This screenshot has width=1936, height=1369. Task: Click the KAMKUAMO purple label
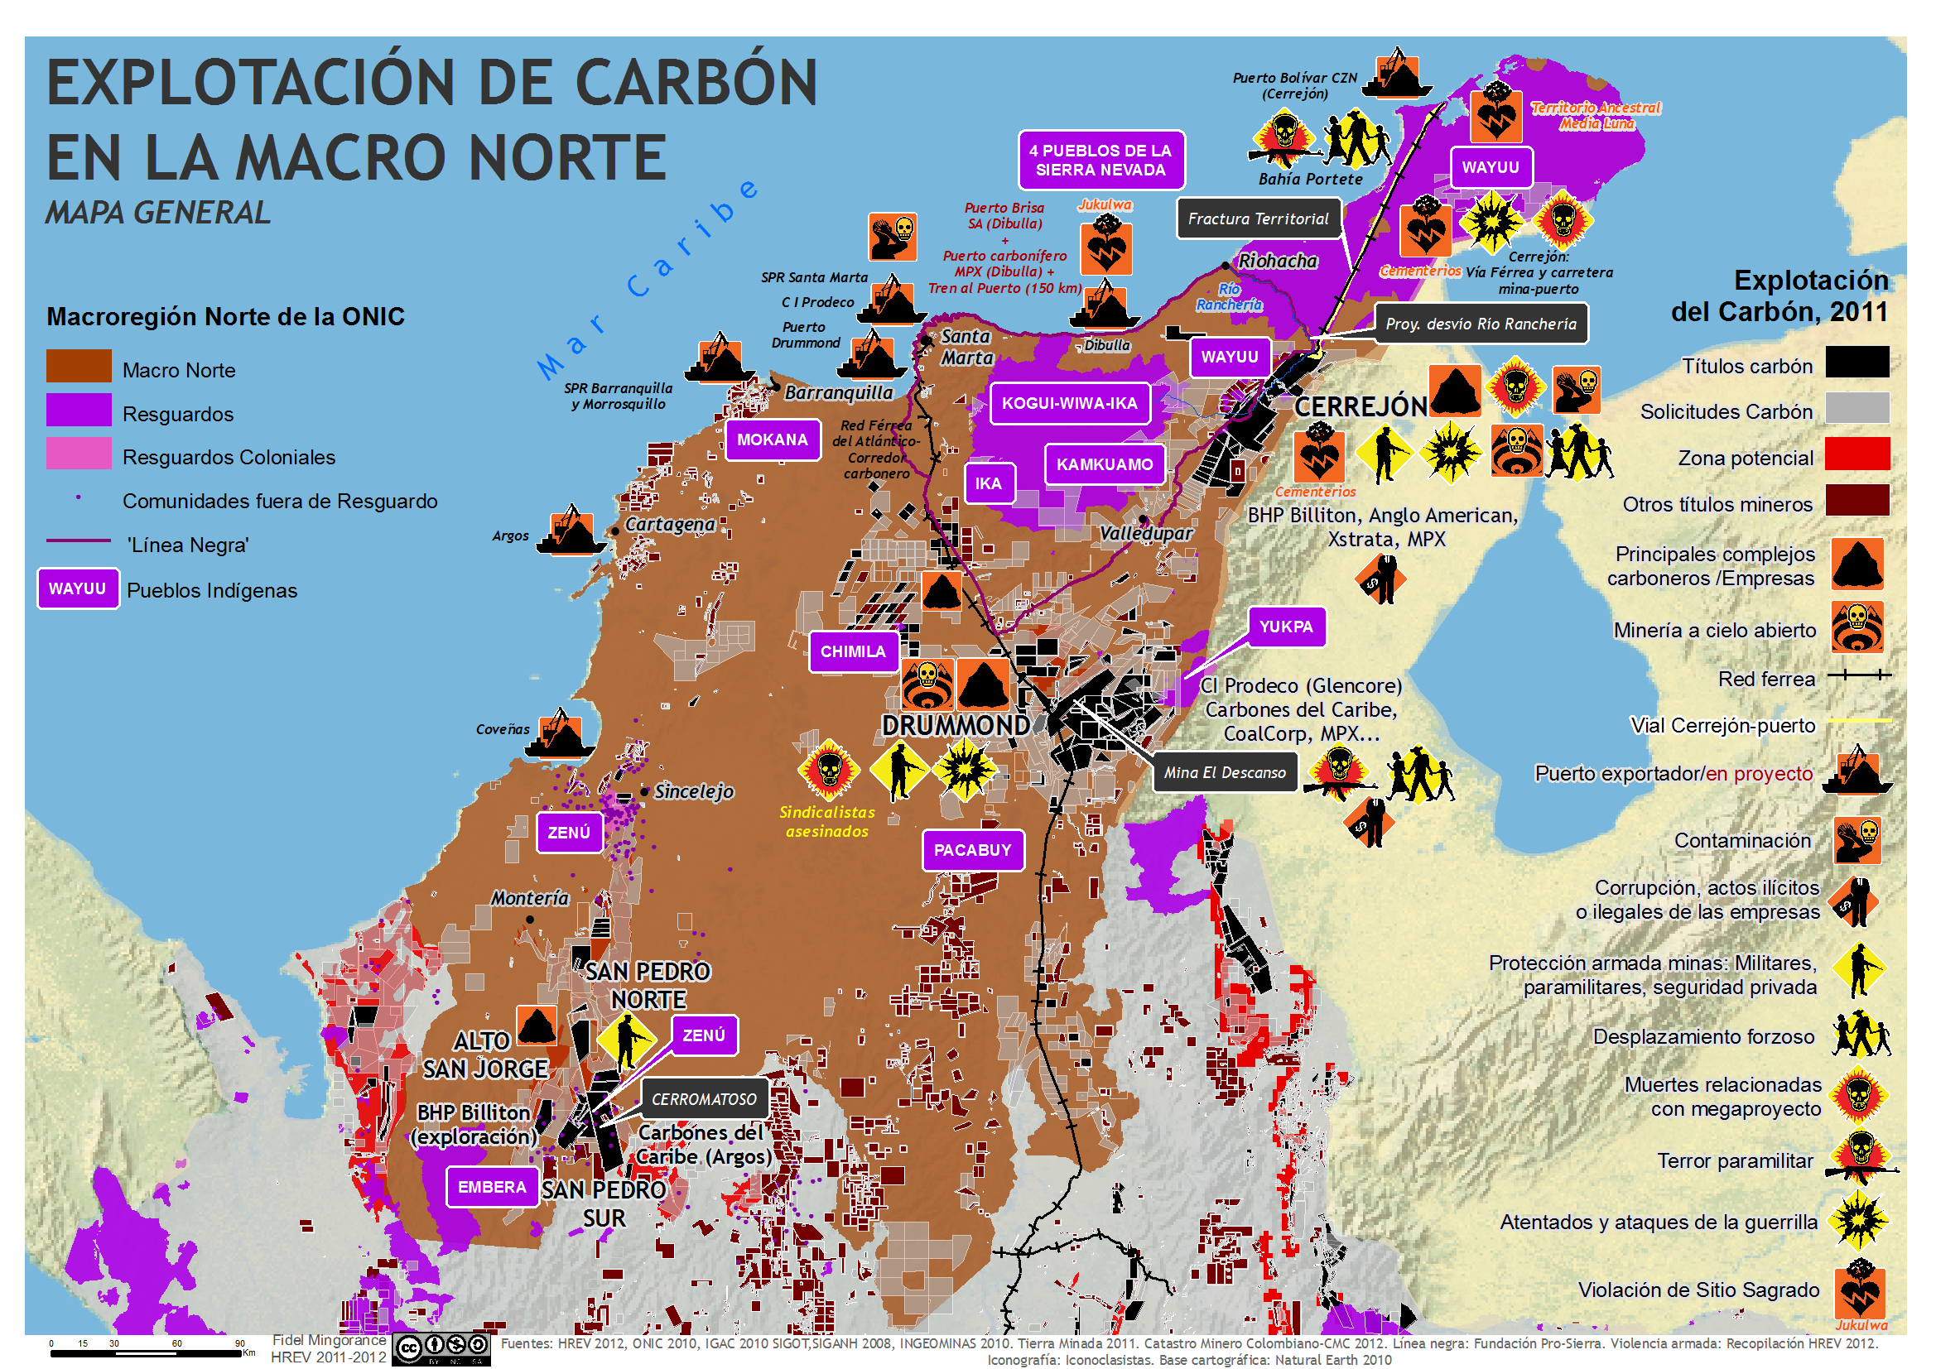(x=1104, y=464)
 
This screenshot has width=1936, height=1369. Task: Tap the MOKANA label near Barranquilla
(x=772, y=440)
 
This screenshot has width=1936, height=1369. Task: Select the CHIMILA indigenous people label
(x=852, y=651)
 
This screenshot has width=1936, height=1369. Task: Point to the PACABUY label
(x=972, y=850)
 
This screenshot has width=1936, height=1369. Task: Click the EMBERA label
(x=492, y=1187)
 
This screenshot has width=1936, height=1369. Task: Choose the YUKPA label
(x=1285, y=627)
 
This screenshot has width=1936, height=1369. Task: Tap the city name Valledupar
(x=1145, y=533)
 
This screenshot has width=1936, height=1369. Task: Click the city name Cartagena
(x=670, y=524)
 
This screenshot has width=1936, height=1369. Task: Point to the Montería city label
(x=529, y=899)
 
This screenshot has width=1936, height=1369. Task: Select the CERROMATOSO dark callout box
(x=704, y=1099)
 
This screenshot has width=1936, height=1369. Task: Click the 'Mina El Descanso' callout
(x=1225, y=772)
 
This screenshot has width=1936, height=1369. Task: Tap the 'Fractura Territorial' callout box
(x=1257, y=219)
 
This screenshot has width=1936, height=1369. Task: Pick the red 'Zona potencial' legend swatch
(x=1857, y=454)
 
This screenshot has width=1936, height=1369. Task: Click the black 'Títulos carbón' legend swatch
(x=1857, y=362)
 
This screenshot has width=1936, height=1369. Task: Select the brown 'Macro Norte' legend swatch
(x=79, y=366)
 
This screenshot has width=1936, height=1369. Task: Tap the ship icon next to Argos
(x=571, y=531)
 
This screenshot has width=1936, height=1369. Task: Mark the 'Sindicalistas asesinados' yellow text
(x=826, y=822)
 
